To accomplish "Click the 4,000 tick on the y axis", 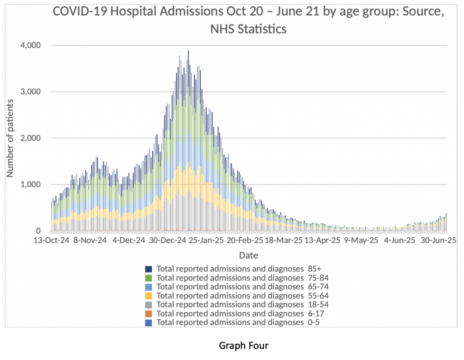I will (31, 45).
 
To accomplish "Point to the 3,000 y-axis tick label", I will (31, 91).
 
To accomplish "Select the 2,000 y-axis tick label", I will (31, 138).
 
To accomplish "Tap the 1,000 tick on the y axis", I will (31, 184).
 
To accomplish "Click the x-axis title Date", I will (248, 255).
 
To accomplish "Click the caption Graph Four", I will (244, 346).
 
